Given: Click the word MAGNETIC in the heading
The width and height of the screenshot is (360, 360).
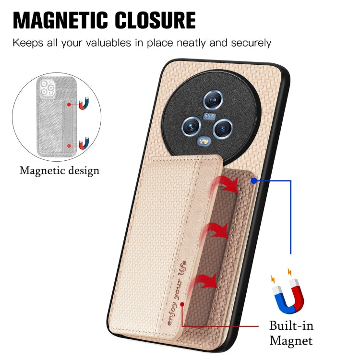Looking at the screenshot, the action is (x=60, y=20).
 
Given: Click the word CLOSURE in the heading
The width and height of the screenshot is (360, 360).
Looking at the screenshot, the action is (x=155, y=20).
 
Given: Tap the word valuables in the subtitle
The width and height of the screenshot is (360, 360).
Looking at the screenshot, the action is (x=108, y=43).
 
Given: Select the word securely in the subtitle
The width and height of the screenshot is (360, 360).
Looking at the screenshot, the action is (x=251, y=43).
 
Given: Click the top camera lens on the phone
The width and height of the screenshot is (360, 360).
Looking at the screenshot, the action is (x=213, y=100).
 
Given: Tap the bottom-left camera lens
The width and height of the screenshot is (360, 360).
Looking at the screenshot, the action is (x=191, y=126).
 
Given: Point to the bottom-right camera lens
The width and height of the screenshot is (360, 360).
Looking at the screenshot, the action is (x=222, y=129).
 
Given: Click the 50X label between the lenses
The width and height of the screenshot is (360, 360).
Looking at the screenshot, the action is (x=209, y=116).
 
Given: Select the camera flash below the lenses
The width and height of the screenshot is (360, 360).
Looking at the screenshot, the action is (x=204, y=142).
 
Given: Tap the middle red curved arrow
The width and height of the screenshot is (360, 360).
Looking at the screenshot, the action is (x=216, y=231).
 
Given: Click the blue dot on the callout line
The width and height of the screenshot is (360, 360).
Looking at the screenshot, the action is (x=254, y=181).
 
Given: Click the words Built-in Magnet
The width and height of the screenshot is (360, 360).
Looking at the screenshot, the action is (x=291, y=333).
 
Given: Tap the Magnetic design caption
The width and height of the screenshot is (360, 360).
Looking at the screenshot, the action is (x=60, y=171).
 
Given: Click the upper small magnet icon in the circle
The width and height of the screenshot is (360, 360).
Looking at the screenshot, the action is (x=84, y=103).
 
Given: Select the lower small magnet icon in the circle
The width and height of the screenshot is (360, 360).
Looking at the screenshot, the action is (x=84, y=143).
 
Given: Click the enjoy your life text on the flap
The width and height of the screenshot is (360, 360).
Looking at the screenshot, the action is (x=177, y=293).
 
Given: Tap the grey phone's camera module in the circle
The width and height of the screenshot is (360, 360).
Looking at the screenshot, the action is (x=48, y=87).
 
